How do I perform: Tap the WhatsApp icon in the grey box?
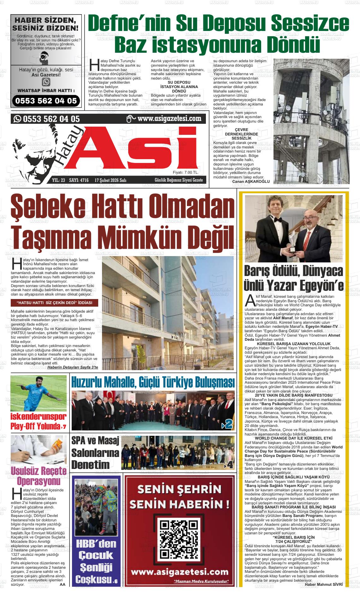point(46,82)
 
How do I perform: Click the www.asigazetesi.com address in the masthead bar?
point(169,118)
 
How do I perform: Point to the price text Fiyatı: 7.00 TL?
point(185,172)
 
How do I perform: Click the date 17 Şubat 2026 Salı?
point(110,180)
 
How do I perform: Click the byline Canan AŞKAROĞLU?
point(250,182)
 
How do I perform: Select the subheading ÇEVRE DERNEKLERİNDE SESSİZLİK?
point(241,134)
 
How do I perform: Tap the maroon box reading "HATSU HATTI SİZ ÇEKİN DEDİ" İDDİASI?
point(54,303)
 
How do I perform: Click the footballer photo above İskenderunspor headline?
point(39,393)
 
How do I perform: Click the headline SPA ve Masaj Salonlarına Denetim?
point(95,453)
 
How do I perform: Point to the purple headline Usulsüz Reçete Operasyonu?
point(39,476)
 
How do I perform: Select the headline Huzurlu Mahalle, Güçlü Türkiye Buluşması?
point(153,382)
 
